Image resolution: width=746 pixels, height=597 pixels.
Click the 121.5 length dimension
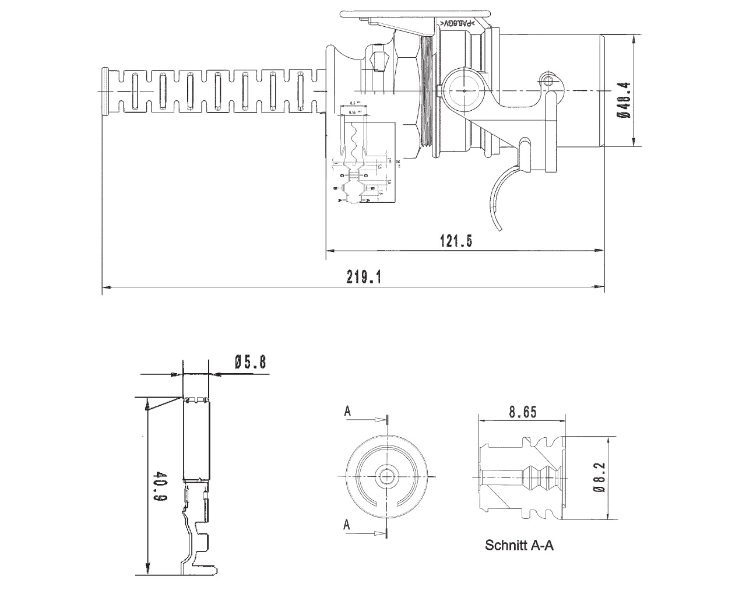pyautogui.click(x=455, y=241)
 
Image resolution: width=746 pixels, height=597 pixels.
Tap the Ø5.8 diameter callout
pyautogui.click(x=250, y=363)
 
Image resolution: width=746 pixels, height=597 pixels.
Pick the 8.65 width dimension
pyautogui.click(x=522, y=413)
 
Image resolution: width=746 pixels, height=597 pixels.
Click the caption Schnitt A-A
pyautogui.click(x=519, y=546)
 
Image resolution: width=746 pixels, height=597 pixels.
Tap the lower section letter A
pyautogui.click(x=347, y=525)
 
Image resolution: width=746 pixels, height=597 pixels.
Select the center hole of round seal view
pyautogui.click(x=386, y=476)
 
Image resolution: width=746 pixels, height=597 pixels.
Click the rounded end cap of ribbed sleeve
pyautogui.click(x=104, y=92)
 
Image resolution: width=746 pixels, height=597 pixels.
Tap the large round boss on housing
pyautogui.click(x=463, y=90)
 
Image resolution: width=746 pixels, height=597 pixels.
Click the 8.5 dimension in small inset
pyautogui.click(x=352, y=103)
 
